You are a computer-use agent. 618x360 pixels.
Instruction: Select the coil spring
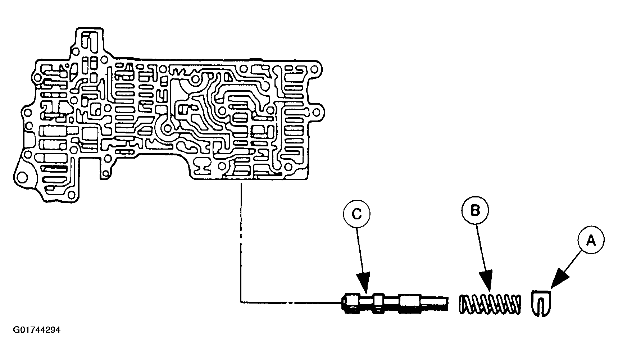490,304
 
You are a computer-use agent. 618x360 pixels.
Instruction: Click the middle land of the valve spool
379,304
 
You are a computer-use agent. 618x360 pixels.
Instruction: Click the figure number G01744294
36,330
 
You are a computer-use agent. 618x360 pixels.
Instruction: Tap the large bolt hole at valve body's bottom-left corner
22,177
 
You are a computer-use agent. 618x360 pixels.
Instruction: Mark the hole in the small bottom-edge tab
105,174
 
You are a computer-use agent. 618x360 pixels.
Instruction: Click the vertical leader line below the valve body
240,237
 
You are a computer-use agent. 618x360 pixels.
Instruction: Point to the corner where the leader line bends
241,301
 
